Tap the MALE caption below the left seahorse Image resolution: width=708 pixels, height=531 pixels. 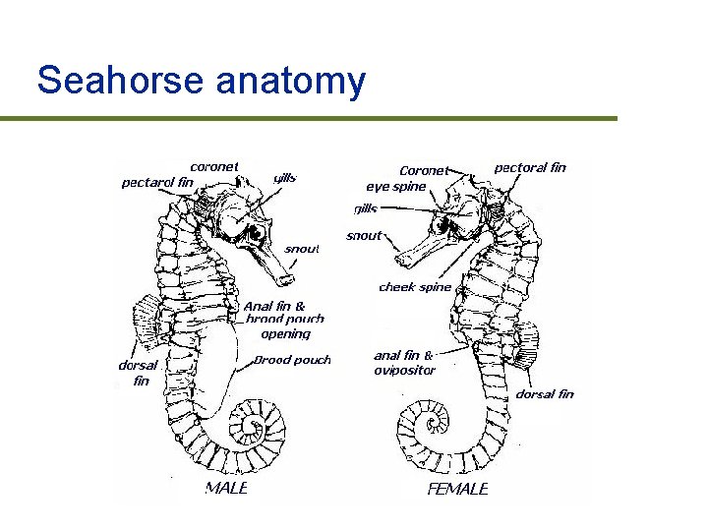point(225,488)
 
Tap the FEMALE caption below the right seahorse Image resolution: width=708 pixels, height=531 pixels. point(457,489)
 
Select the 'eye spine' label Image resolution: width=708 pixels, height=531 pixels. point(396,186)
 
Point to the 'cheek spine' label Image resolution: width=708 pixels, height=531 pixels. point(415,287)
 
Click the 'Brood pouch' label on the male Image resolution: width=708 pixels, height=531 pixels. point(292,360)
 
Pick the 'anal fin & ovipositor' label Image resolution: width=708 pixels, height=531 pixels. point(404,363)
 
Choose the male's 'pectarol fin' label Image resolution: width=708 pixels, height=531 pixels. point(157,182)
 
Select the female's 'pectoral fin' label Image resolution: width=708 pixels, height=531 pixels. point(530,167)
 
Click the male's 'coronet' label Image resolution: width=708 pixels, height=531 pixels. point(213,166)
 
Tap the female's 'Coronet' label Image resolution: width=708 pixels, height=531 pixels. point(423,170)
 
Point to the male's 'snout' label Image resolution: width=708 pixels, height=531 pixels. point(302,249)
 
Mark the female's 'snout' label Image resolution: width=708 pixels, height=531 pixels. point(364,236)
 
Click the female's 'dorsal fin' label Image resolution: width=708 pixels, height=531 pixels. point(545,394)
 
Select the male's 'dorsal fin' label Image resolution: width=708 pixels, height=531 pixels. point(137,372)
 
